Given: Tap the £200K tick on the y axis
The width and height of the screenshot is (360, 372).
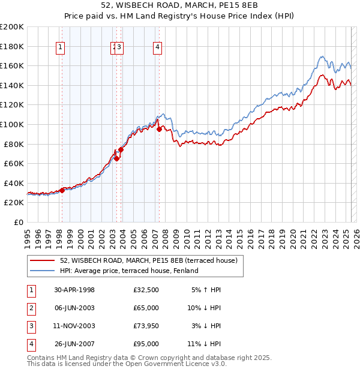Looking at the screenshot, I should (x=12, y=27).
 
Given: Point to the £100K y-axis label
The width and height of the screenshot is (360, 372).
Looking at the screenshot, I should (x=12, y=124).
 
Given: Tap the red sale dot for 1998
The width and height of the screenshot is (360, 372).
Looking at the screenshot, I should (x=62, y=190).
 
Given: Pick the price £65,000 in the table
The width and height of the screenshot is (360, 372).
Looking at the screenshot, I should (x=146, y=308).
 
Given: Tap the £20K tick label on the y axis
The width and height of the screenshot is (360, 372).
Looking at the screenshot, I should (x=14, y=202).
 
